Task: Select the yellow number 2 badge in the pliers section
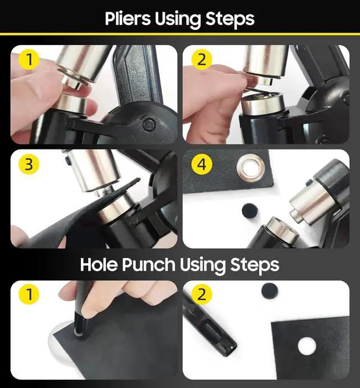202,60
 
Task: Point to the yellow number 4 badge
202,164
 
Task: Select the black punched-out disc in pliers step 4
250,211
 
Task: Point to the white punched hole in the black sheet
307,346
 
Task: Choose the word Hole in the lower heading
100,264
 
